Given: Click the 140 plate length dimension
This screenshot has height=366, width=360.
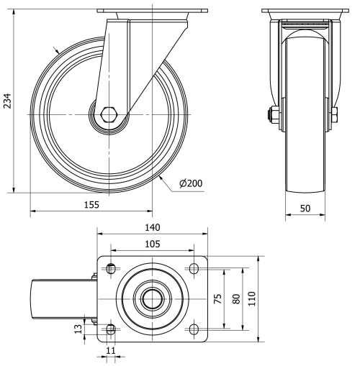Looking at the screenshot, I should [x=152, y=227].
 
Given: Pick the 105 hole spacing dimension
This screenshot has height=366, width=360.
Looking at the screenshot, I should [x=152, y=244].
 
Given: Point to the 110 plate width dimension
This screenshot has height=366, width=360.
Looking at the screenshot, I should [x=252, y=298].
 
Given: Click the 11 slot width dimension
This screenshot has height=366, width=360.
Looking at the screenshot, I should [x=111, y=350].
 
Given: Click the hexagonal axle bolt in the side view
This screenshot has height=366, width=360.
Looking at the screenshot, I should [x=111, y=114].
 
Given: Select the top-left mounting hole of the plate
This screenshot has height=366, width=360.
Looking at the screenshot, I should [x=111, y=269].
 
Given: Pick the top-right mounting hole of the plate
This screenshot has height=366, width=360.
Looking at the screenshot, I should [x=194, y=269].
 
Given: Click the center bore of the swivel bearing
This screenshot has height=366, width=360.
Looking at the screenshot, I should [x=152, y=298].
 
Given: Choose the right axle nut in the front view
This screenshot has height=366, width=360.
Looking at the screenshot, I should [x=334, y=114].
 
